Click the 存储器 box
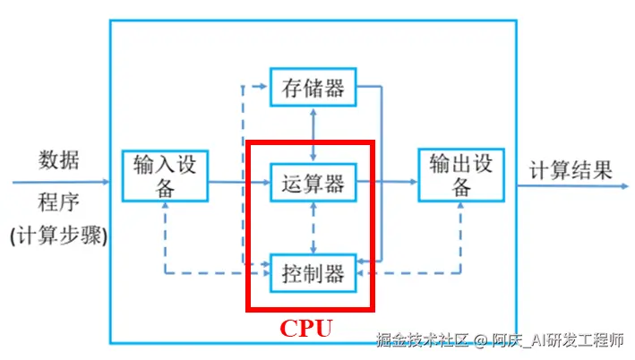313,88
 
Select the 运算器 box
313,183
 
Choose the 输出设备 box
460,175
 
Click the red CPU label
306,328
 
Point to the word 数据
59,160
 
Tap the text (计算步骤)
58,236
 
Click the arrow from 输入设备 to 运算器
239,183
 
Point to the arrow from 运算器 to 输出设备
394,183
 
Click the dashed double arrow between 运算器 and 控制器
313,227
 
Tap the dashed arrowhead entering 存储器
261,88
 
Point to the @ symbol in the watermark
481,340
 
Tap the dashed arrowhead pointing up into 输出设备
460,205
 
